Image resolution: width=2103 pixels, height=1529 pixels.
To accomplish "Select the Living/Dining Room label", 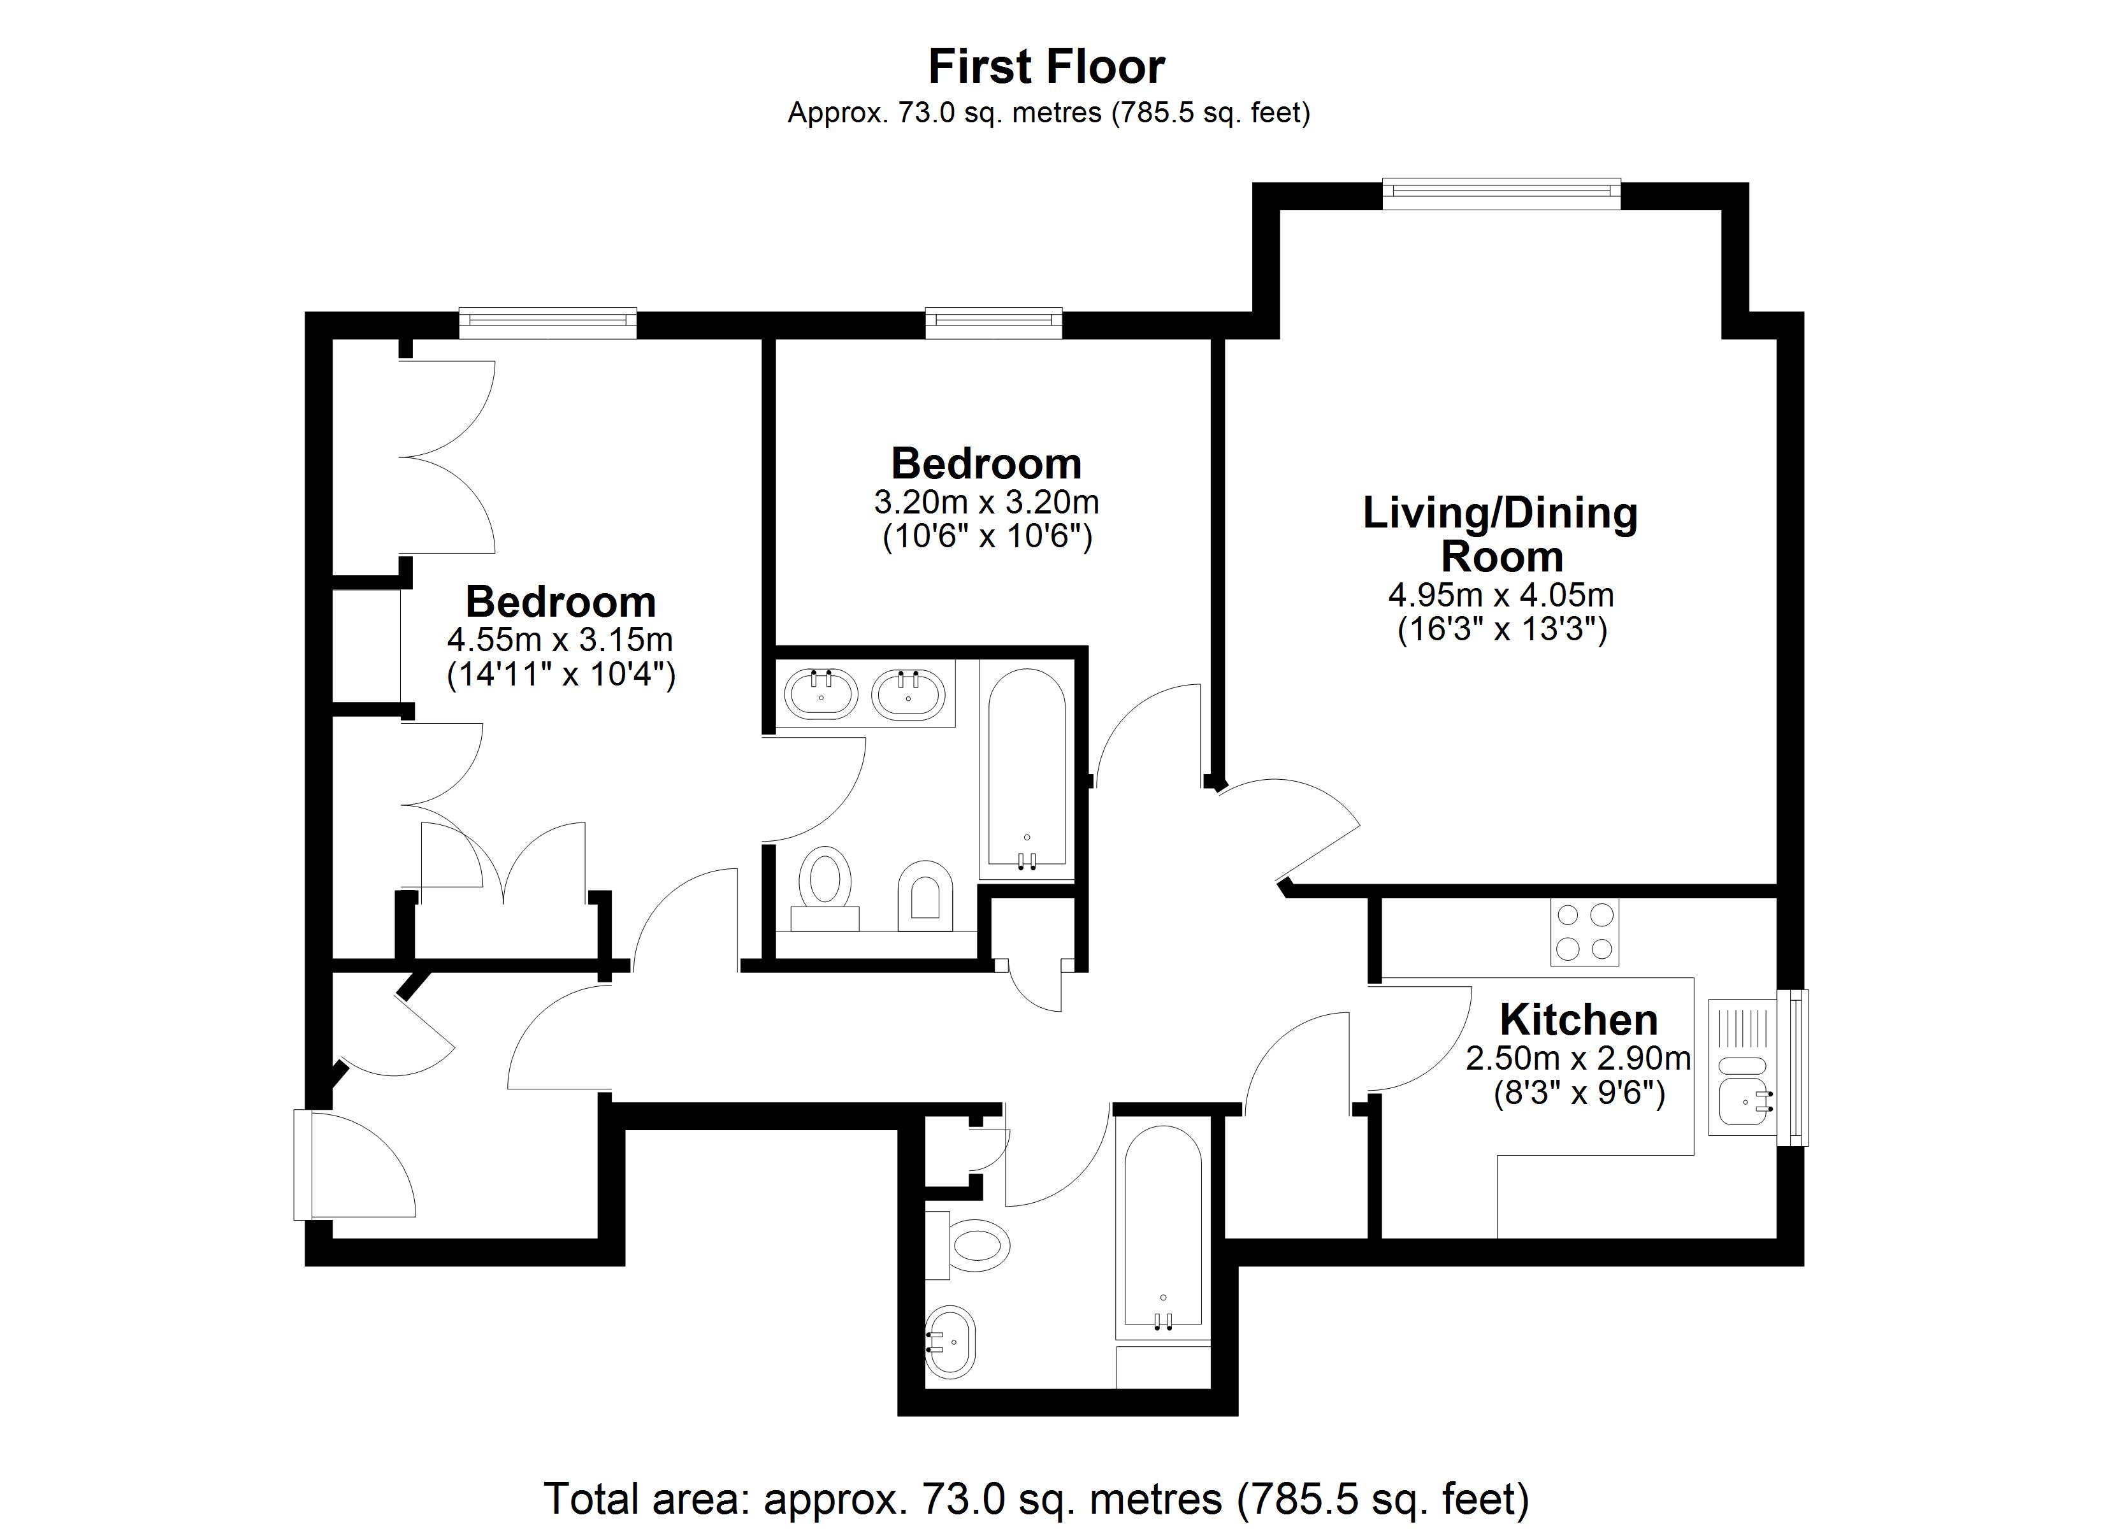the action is point(1500,534).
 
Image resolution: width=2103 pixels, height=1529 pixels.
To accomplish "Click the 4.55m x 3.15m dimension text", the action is point(560,640).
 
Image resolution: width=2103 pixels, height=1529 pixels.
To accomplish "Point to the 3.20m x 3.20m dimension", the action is point(986,503).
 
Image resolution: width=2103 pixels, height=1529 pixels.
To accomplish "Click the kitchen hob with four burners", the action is point(1585,931).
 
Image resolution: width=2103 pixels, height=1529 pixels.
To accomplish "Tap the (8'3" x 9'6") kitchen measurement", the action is point(1579,1093).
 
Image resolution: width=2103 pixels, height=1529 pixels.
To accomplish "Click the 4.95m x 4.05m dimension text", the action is point(1501,594).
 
